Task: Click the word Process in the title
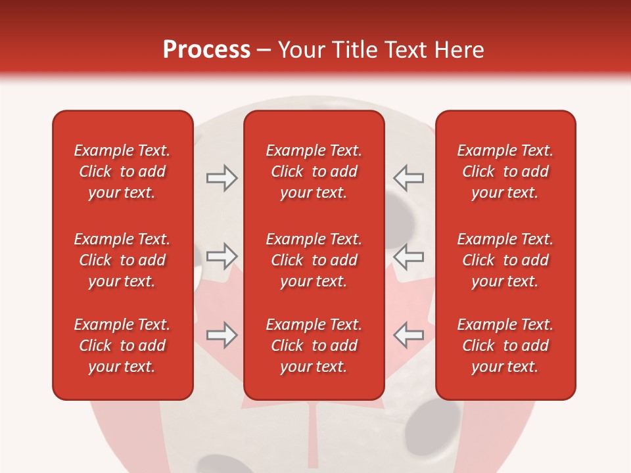[x=206, y=50]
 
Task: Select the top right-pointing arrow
[x=222, y=178]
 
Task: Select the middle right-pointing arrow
[x=222, y=255]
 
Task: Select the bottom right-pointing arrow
[x=222, y=335]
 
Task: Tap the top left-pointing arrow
[x=409, y=177]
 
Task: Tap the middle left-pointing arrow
[x=409, y=256]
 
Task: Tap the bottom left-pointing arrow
[x=409, y=334]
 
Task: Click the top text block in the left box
[x=122, y=171]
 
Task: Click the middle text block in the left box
[x=122, y=260]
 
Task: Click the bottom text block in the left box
[x=122, y=346]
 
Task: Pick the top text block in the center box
[x=314, y=171]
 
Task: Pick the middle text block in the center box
[x=314, y=260]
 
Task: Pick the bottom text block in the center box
[x=314, y=346]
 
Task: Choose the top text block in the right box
[x=505, y=171]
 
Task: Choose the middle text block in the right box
[x=505, y=260]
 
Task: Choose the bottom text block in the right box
[x=505, y=346]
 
